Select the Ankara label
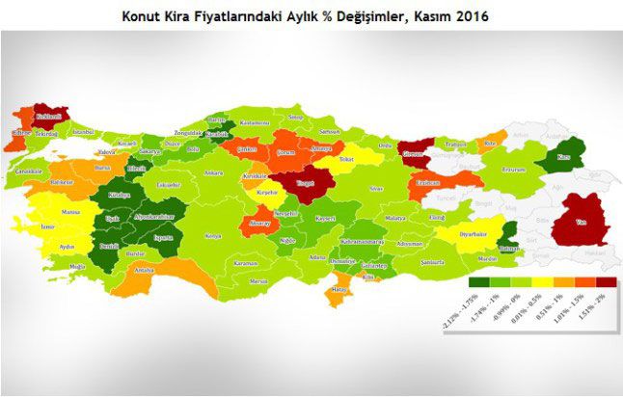point(213,172)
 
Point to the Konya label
point(213,235)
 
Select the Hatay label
point(338,289)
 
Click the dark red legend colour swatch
point(608,282)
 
